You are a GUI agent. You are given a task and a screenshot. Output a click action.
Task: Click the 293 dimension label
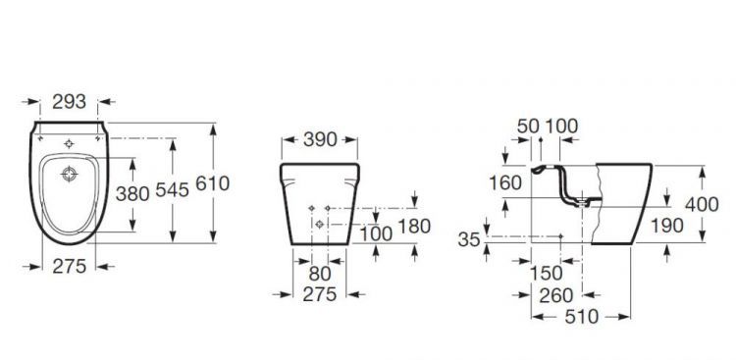pyautogui.click(x=69, y=102)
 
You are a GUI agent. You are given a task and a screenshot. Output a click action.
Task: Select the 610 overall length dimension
pyautogui.click(x=213, y=183)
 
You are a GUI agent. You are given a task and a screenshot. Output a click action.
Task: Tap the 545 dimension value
pyautogui.click(x=173, y=190)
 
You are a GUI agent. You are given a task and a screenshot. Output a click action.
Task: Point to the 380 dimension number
pyautogui.click(x=132, y=193)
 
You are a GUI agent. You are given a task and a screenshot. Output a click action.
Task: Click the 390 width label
pyautogui.click(x=320, y=139)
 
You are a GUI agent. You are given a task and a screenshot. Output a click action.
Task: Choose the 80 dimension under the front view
pyautogui.click(x=320, y=274)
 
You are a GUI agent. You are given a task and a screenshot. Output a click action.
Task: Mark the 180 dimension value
pyautogui.click(x=414, y=227)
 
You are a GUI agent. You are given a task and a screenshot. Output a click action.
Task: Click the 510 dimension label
pyautogui.click(x=582, y=317)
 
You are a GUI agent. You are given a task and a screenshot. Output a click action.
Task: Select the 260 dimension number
pyautogui.click(x=556, y=295)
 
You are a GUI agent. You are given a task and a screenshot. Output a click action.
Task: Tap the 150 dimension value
pyautogui.click(x=547, y=273)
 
